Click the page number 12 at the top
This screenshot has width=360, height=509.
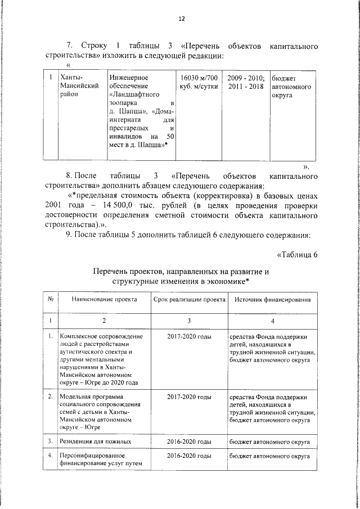pos(181,19)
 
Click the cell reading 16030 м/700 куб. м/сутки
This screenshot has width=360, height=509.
pos(196,81)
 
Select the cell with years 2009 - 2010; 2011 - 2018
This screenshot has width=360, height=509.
pos(246,81)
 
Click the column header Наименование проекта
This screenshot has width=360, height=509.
pos(103,300)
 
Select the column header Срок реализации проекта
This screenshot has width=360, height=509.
pos(190,300)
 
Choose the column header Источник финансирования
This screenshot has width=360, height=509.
pos(273,300)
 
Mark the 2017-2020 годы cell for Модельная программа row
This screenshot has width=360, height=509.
pos(190,397)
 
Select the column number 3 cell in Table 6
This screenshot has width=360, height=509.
pos(190,320)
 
